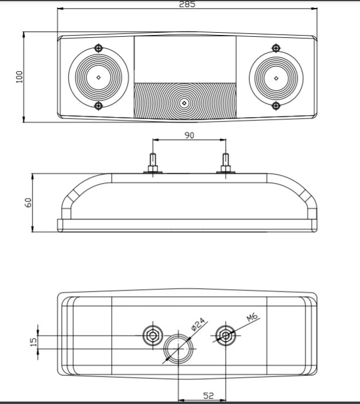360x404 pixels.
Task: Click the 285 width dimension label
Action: [187, 4]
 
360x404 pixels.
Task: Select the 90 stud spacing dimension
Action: [190, 135]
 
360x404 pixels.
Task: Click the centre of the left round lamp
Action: [98, 77]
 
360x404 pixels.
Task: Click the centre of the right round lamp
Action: [276, 77]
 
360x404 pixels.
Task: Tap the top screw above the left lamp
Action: [99, 47]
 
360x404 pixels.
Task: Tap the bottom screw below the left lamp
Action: [99, 106]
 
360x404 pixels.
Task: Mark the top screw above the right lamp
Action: [276, 47]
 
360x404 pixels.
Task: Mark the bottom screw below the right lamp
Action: [276, 106]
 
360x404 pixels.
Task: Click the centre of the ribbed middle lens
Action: [183, 103]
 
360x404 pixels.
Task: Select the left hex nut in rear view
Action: [152, 336]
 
